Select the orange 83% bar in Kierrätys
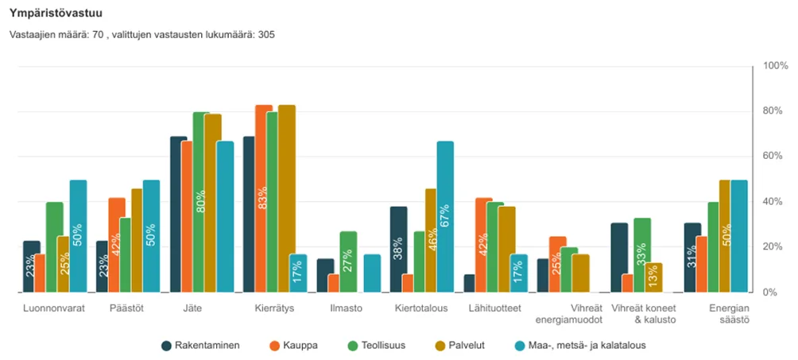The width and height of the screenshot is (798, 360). point(264,199)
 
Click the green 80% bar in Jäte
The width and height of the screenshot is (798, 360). point(201,203)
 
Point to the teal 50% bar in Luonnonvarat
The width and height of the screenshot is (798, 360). point(78,236)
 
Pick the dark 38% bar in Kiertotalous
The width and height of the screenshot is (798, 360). point(398,250)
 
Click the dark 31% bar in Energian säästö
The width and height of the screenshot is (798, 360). point(692,257)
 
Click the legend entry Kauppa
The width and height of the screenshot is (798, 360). point(295,346)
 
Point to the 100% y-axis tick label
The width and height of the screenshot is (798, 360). point(774,66)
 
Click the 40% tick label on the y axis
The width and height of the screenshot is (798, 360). point(774,202)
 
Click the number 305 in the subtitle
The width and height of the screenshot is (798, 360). point(267,35)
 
